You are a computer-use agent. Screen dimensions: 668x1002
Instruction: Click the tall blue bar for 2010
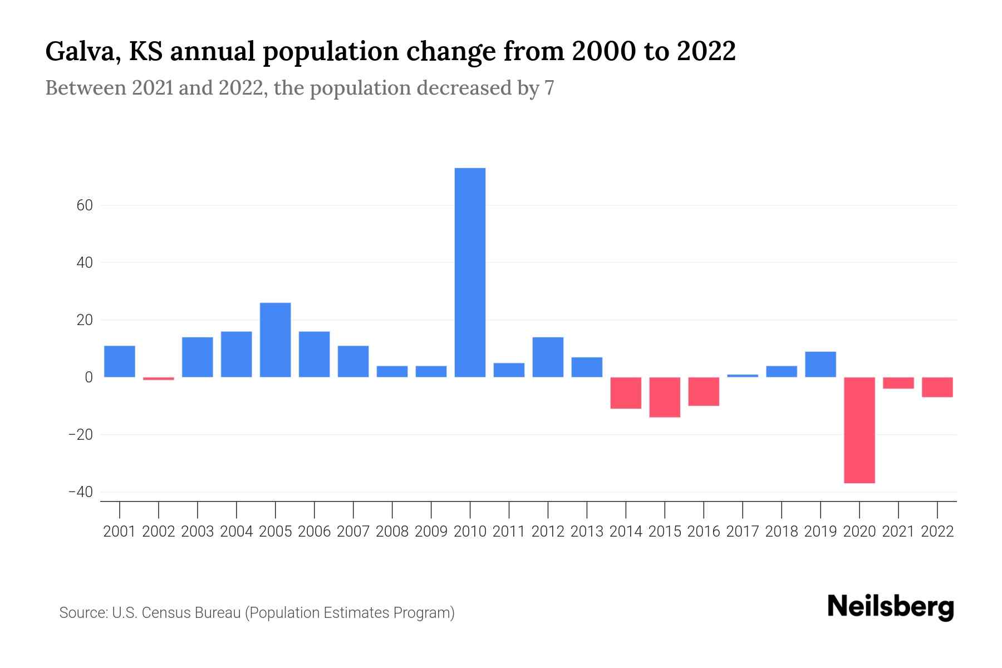pos(470,272)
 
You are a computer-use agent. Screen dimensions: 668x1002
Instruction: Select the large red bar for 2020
pos(859,430)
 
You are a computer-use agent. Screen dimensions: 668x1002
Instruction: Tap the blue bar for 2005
pos(275,340)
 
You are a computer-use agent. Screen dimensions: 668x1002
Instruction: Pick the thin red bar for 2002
pos(159,379)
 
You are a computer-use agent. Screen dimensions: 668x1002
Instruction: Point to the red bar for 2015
pos(665,397)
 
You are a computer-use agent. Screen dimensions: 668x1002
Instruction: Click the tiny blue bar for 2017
pos(743,376)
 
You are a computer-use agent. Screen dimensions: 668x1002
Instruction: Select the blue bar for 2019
pos(820,364)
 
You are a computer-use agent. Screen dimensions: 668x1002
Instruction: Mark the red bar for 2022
pos(937,387)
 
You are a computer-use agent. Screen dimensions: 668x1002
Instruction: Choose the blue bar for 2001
pos(120,361)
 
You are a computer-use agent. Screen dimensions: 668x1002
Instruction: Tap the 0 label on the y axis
pos(89,377)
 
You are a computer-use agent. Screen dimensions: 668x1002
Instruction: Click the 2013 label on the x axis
pos(587,532)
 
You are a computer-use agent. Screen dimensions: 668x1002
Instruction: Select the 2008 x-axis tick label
pos(392,532)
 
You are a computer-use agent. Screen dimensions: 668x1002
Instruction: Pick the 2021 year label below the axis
pos(898,532)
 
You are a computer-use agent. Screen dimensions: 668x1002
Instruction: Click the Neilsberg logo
pos(891,607)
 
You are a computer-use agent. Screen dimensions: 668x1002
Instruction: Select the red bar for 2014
pos(626,393)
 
